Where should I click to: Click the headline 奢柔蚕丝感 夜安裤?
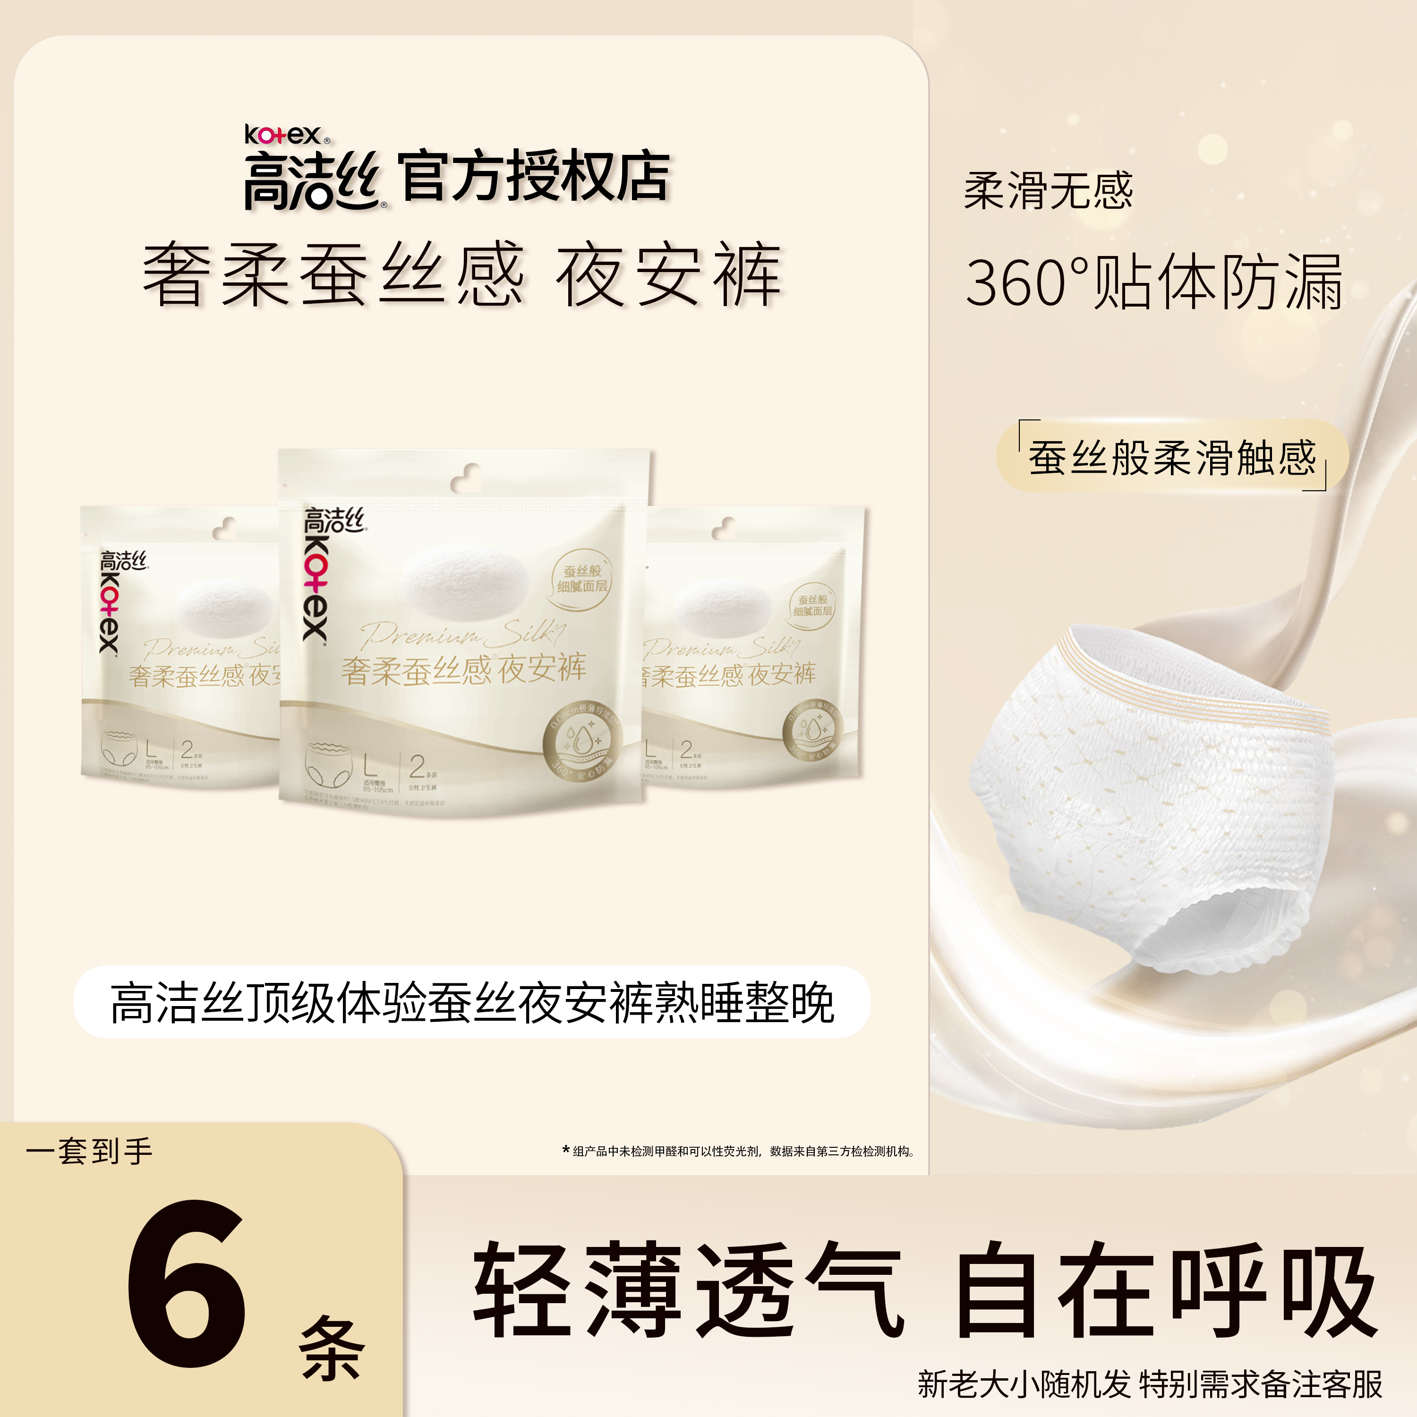tap(462, 275)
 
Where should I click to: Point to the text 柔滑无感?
tap(1048, 191)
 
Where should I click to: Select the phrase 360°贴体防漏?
tap(1154, 282)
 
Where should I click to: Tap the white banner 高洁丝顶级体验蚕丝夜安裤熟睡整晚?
tap(471, 1003)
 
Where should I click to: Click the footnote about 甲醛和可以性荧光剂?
tap(741, 1152)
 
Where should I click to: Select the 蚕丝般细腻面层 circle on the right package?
tap(812, 606)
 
